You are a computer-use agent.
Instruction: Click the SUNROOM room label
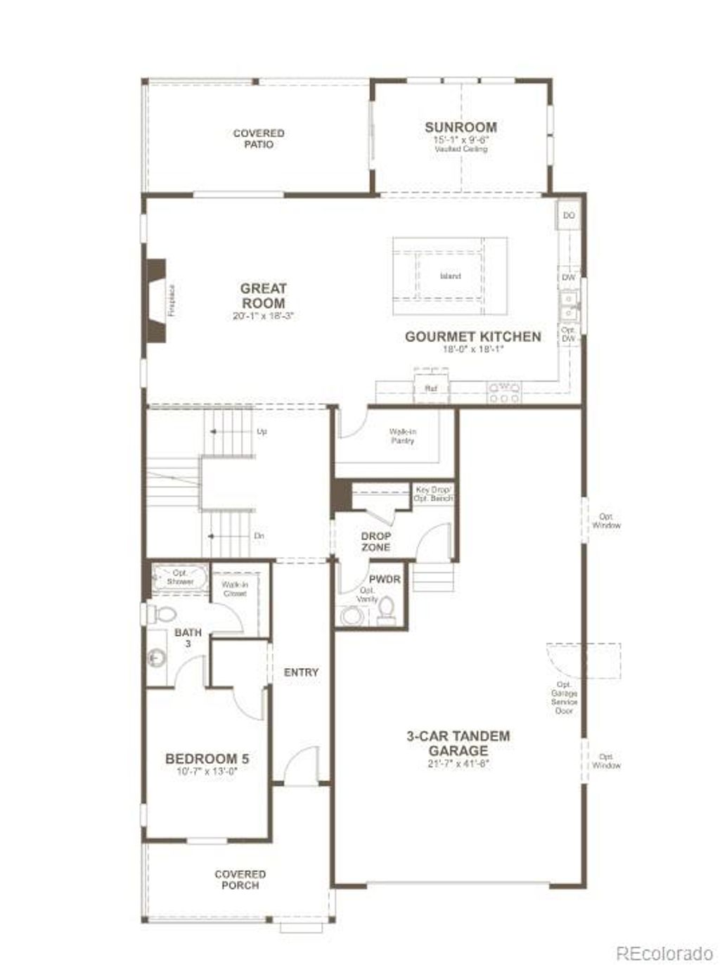(461, 127)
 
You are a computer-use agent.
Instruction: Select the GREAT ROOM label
(263, 295)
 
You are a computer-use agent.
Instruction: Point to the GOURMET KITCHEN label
(472, 337)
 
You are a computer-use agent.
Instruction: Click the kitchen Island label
(450, 276)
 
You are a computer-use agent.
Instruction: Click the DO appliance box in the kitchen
(569, 215)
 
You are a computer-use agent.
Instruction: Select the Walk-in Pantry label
(402, 436)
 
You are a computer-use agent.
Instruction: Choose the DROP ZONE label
(375, 542)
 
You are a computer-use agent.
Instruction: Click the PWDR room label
(385, 580)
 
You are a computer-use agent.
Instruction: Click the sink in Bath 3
(156, 658)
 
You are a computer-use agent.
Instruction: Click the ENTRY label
(301, 672)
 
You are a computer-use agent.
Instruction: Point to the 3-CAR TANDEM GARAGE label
(458, 743)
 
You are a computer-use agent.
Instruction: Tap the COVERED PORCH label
(240, 879)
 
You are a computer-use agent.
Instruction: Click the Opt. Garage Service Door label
(564, 697)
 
